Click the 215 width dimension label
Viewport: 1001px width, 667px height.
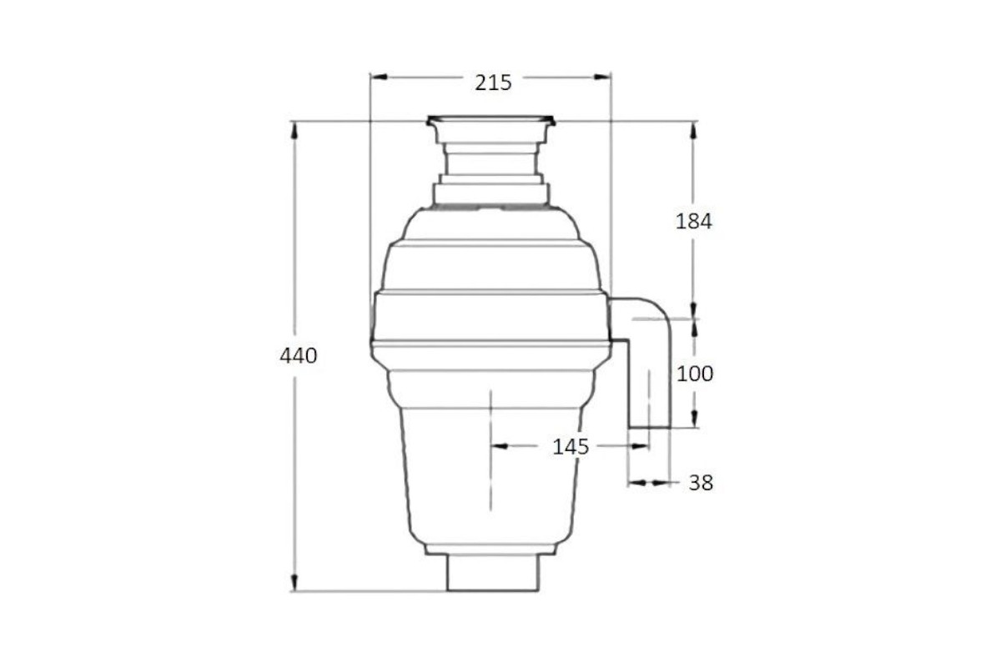click(493, 83)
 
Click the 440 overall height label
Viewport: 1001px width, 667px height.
click(298, 356)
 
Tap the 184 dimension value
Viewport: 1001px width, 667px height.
click(693, 222)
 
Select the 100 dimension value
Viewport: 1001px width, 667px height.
click(695, 374)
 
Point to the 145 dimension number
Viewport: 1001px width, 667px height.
click(571, 447)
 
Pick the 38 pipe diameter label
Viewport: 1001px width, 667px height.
click(701, 483)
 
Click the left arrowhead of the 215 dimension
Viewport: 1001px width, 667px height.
click(379, 77)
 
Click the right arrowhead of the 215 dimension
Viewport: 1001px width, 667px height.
click(602, 77)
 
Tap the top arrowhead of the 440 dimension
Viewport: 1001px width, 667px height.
click(294, 130)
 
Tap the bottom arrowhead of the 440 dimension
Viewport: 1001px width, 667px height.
click(294, 582)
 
